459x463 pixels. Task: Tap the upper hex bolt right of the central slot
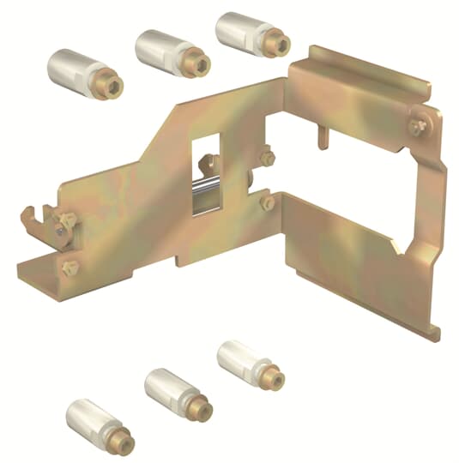[x=267, y=159]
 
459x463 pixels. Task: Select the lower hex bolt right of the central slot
[x=267, y=203]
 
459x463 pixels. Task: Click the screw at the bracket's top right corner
[x=417, y=126]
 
